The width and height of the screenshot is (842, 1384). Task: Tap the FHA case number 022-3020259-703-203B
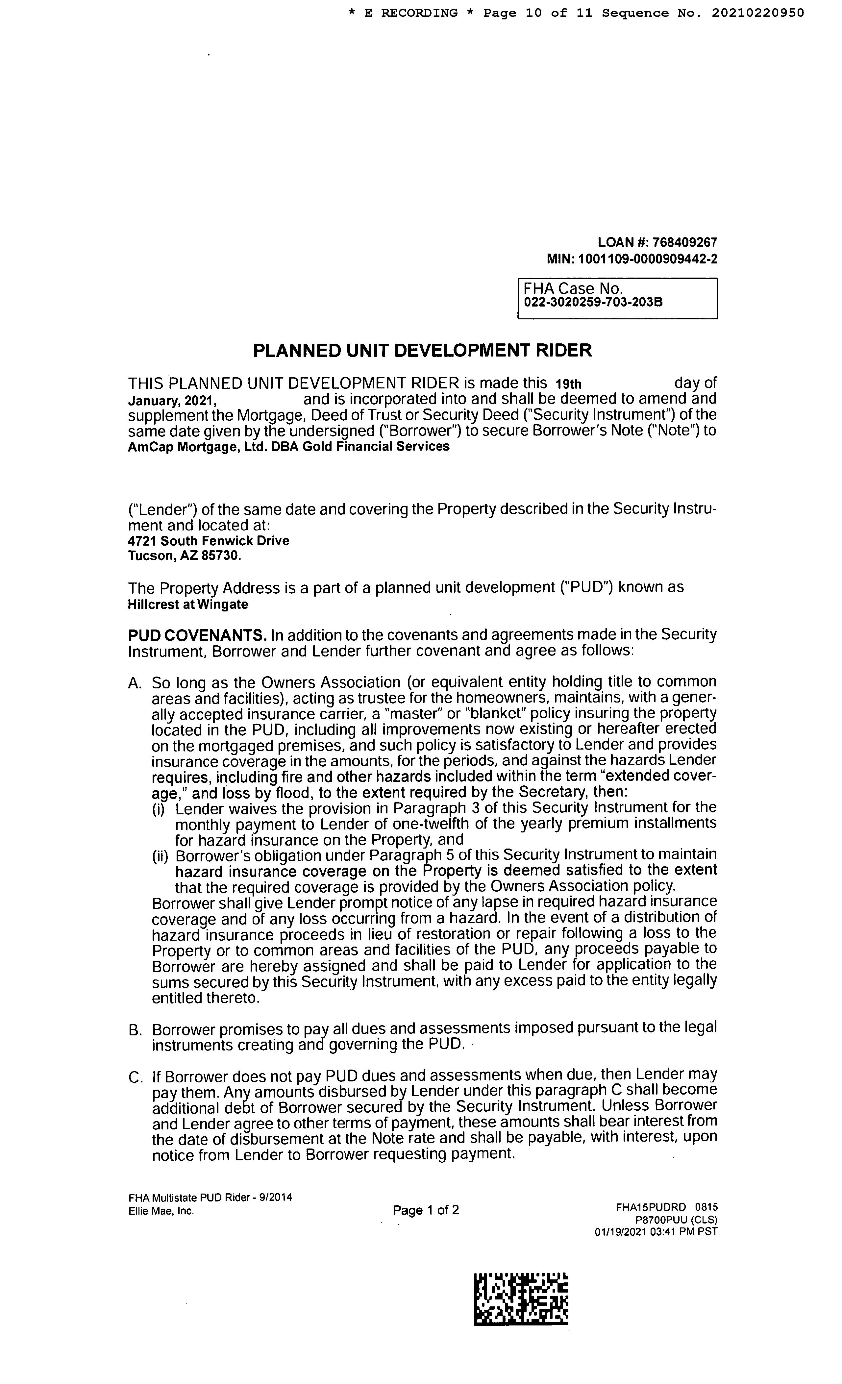click(593, 302)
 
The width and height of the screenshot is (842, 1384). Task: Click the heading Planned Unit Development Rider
click(422, 351)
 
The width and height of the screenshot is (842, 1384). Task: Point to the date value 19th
click(568, 384)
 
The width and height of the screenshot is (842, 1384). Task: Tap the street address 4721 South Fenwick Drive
click(209, 541)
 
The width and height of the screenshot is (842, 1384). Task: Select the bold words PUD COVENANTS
click(197, 635)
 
